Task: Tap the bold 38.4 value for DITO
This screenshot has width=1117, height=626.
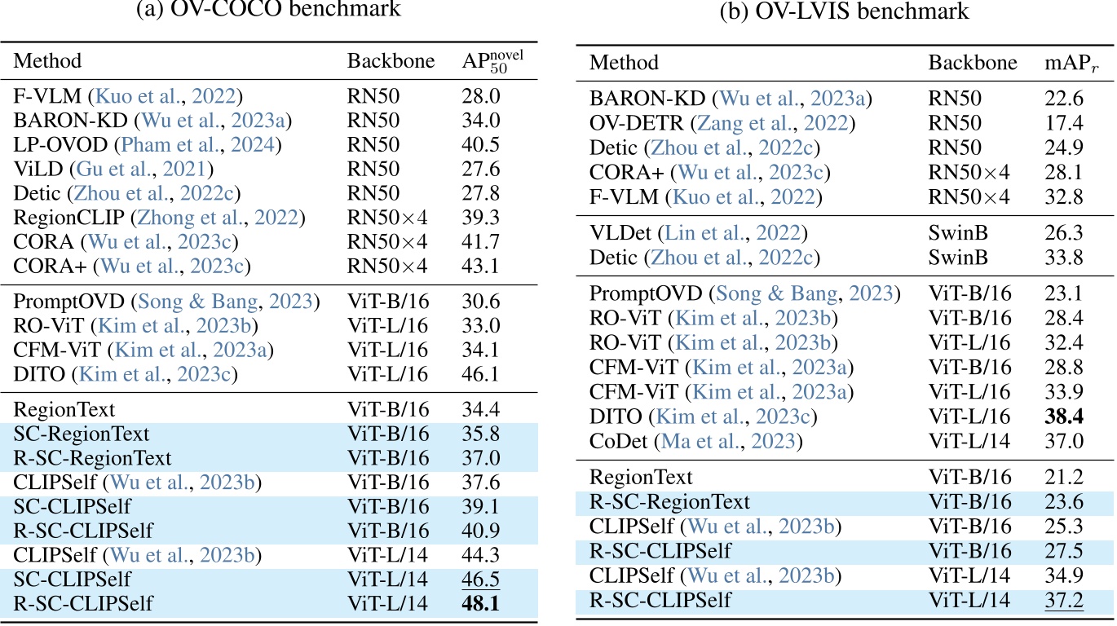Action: click(1064, 417)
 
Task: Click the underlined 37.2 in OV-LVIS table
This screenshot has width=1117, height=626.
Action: click(1063, 601)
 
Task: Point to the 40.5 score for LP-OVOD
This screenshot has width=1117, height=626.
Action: click(479, 145)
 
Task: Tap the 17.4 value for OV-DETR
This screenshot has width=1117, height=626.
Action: click(1063, 124)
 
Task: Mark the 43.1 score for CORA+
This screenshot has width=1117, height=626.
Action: click(479, 266)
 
